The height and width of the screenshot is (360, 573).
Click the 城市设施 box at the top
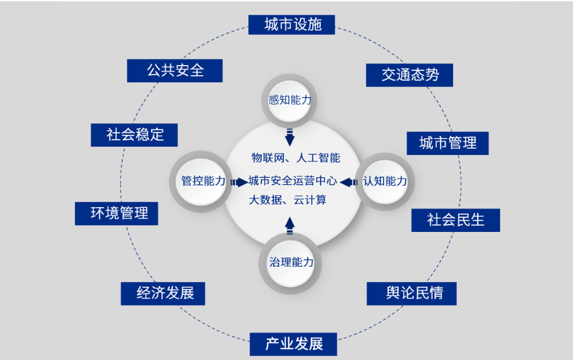292,25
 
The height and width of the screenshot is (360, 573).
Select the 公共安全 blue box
174,70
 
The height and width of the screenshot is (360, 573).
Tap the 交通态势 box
409,74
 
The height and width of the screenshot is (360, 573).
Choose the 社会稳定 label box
135,134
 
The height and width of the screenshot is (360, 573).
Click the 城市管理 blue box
448,143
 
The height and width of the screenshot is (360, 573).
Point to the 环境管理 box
116,213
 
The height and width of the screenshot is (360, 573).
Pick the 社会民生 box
456,220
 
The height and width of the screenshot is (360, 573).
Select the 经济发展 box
162,293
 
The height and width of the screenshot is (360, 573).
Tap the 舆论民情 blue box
413,294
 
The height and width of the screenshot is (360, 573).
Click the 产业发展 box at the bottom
293,344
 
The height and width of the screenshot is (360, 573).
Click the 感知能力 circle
291,101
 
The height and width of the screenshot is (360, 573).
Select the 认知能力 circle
384,181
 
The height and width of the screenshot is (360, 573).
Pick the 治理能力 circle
291,262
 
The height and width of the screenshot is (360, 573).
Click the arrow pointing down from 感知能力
290,136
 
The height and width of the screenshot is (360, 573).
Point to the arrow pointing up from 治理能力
290,225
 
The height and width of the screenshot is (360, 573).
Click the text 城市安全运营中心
293,180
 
